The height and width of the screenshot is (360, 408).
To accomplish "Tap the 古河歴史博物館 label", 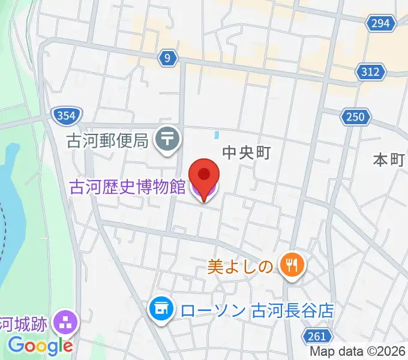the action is (x=127, y=187).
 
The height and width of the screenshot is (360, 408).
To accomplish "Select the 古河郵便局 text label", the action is (x=107, y=141).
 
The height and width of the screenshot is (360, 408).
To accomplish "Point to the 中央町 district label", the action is (x=246, y=152).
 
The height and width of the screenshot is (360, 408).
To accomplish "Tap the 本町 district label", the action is (x=389, y=160).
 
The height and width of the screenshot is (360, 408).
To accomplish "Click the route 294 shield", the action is (x=380, y=23).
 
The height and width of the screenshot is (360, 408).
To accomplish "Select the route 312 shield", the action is (x=370, y=72).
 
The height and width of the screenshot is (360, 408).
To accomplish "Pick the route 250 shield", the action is (x=355, y=116).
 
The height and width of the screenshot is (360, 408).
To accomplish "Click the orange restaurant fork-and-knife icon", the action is (x=292, y=265).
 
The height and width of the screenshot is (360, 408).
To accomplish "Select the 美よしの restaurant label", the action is (x=241, y=265).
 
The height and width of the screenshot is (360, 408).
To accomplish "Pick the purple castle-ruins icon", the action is (x=65, y=323).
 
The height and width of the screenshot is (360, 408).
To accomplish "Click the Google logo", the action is (x=40, y=346).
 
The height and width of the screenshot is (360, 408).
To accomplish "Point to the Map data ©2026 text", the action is (x=358, y=352).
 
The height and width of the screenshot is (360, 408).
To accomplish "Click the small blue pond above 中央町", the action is (x=217, y=135).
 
